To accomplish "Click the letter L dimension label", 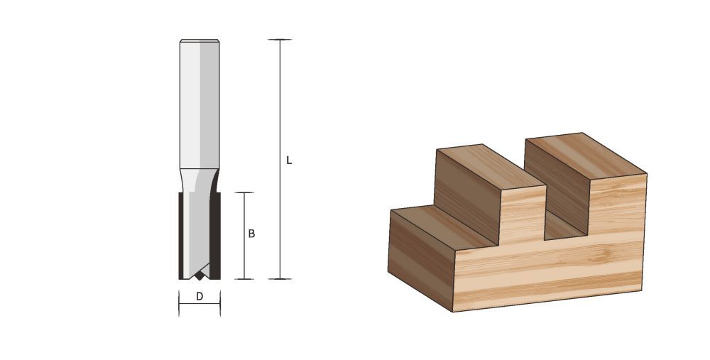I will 288,161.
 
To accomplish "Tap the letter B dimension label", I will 251,234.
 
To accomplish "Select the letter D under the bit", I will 200,297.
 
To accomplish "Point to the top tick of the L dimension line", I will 281,40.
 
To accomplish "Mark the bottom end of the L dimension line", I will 281,279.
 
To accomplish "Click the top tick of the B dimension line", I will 244,193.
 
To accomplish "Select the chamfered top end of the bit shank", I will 200,42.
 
